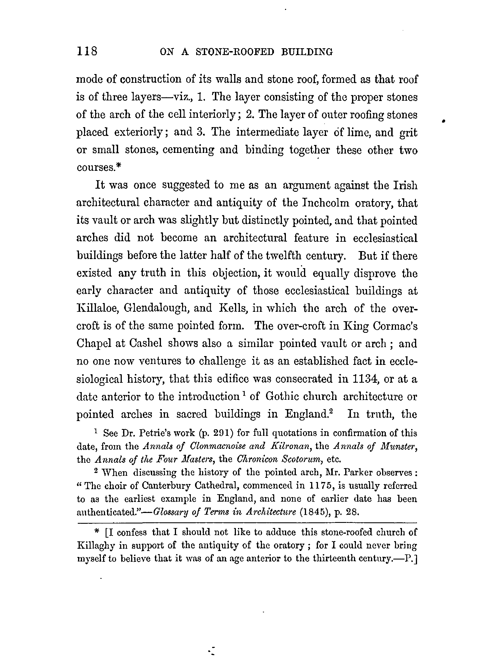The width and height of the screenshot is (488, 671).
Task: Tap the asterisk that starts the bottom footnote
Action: click(97, 532)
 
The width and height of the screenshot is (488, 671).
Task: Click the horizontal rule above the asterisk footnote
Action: click(247, 523)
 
